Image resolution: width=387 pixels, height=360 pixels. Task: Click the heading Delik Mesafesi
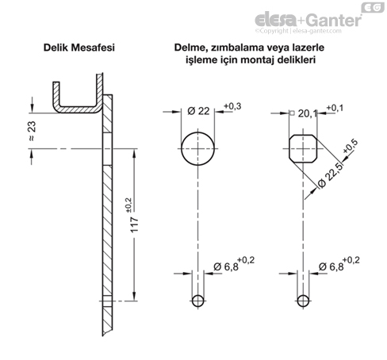point(79,48)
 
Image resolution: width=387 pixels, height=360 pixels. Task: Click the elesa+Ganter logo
point(308,20)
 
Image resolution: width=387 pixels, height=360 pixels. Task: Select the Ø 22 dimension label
point(198,111)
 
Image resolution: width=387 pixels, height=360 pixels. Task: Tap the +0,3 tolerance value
point(232,106)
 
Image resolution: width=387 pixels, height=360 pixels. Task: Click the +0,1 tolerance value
point(335,108)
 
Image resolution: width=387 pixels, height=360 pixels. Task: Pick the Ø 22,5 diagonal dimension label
point(331,175)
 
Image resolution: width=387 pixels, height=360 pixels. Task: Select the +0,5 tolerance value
point(351,146)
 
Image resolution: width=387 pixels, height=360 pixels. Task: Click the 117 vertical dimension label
point(135,224)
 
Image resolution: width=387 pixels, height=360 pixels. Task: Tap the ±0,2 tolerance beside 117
point(128,205)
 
